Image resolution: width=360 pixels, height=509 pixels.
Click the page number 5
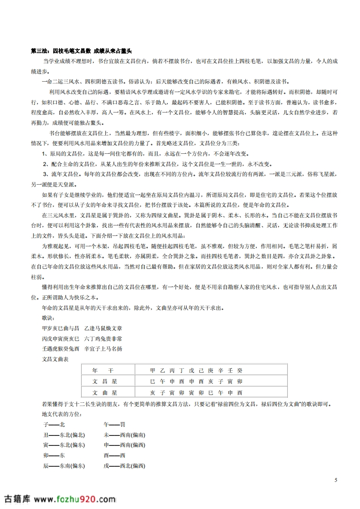coord(335,480)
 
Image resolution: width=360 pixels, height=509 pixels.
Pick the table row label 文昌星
coord(104,382)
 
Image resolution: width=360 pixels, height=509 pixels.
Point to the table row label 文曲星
coord(104,392)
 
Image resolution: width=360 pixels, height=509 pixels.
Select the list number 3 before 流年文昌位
coord(45,174)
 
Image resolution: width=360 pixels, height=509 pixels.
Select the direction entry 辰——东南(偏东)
coord(63,465)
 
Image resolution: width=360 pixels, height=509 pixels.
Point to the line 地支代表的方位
coord(58,414)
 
